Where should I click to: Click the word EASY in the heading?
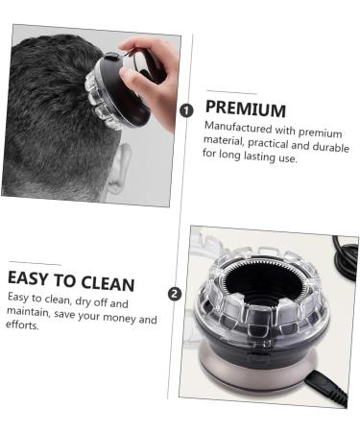click(36, 278)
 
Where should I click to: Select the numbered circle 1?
click(186, 109)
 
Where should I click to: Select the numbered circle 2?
click(175, 294)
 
